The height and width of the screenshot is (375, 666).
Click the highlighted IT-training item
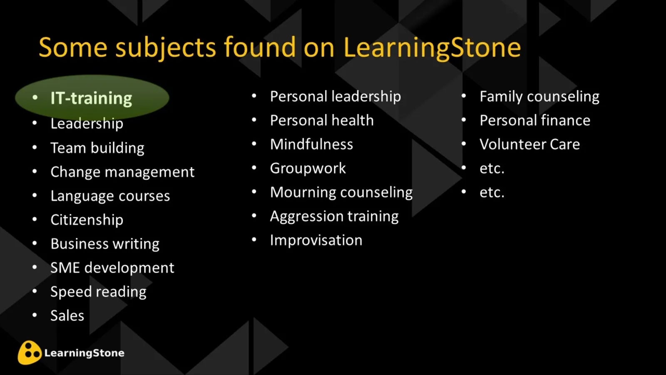point(91,98)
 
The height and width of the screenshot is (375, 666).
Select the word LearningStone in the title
point(432,47)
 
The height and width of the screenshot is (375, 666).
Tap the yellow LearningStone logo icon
point(29,353)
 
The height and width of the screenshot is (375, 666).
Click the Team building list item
point(97,148)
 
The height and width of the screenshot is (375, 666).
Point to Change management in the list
point(122,172)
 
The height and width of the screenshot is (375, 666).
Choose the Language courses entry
point(110,196)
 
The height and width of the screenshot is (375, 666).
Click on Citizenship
point(87,220)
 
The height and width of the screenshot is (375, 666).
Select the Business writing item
point(104,244)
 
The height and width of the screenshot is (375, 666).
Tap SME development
point(112,267)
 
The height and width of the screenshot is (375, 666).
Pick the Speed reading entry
point(98,292)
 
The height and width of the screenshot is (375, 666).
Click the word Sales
point(67,315)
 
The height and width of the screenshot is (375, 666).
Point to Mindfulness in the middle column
point(311,144)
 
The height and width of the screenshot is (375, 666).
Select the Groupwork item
point(308,168)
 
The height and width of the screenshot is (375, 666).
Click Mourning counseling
point(341,192)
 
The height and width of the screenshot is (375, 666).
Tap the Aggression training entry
point(334,216)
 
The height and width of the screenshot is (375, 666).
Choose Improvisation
point(316,240)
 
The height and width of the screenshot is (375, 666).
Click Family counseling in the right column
point(539,96)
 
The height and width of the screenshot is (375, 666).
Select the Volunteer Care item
point(529,144)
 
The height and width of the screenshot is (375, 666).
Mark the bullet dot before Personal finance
point(464,120)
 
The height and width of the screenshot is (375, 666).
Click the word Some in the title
point(73,47)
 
